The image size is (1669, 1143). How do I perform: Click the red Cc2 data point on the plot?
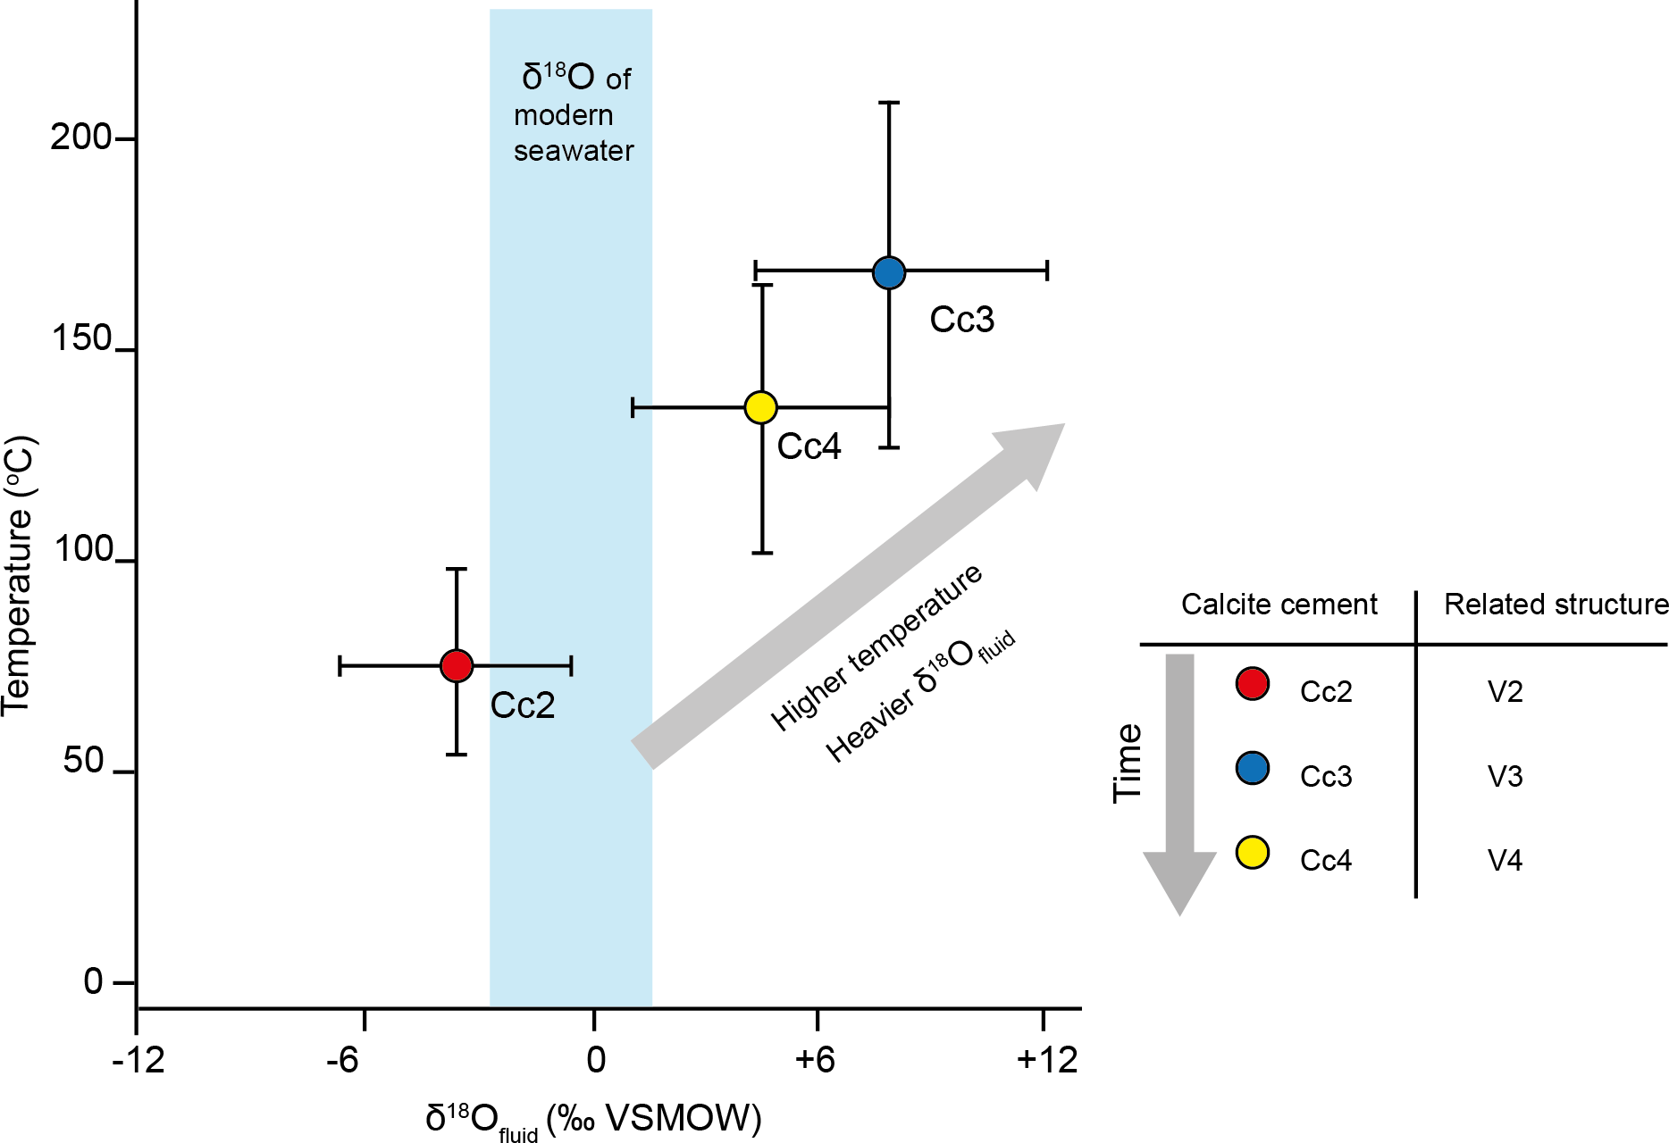pyautogui.click(x=457, y=665)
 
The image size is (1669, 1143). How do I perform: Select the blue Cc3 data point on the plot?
pyautogui.click(x=889, y=272)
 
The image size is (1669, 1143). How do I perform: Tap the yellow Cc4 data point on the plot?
pyautogui.click(x=760, y=407)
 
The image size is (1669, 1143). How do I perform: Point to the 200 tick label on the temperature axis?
pyautogui.click(x=80, y=138)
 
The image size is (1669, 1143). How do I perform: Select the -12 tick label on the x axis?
pyautogui.click(x=138, y=1060)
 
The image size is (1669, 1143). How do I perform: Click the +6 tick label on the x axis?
pyautogui.click(x=814, y=1060)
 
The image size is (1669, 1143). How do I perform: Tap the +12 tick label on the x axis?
pyautogui.click(x=1047, y=1060)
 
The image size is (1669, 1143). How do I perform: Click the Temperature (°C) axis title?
pyautogui.click(x=18, y=575)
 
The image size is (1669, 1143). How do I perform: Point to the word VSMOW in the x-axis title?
pyautogui.click(x=678, y=1117)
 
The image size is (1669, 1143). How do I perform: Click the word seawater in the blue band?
pyautogui.click(x=574, y=151)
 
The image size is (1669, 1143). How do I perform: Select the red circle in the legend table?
pyautogui.click(x=1253, y=684)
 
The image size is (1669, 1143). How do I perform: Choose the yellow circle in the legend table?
pyautogui.click(x=1253, y=853)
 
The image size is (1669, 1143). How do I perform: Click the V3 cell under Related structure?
pyautogui.click(x=1505, y=776)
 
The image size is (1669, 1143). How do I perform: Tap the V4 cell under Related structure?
pyautogui.click(x=1505, y=860)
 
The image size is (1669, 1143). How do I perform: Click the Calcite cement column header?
pyautogui.click(x=1279, y=605)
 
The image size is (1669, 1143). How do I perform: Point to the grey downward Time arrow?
pyautogui.click(x=1179, y=777)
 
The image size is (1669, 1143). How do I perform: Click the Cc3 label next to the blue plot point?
pyautogui.click(x=961, y=320)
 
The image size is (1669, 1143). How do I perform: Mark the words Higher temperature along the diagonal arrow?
pyautogui.click(x=876, y=647)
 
